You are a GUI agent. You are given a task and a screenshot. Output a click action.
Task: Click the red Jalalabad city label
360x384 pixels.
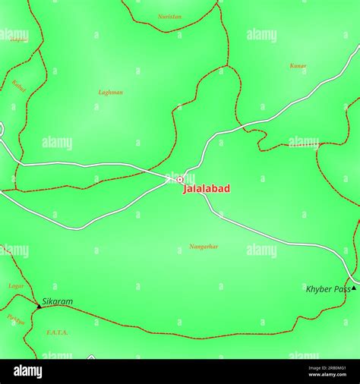(x=206, y=189)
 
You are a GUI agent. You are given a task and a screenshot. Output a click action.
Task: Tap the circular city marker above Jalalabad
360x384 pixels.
(x=180, y=180)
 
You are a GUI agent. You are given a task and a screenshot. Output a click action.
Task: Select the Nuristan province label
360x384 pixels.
(x=169, y=16)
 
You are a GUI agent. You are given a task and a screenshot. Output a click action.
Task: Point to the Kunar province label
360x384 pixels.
(x=298, y=66)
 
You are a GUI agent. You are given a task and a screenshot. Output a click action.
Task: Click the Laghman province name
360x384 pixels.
(x=111, y=93)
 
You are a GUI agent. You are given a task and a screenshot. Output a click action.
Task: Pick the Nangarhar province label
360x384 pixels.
(x=204, y=247)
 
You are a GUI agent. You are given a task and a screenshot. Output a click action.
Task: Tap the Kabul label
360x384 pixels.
(x=19, y=86)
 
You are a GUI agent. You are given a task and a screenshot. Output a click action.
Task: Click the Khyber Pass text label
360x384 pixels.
(x=327, y=289)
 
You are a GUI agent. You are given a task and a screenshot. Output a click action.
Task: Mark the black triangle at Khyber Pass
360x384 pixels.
(x=353, y=288)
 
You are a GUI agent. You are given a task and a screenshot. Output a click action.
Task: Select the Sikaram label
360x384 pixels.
(x=58, y=301)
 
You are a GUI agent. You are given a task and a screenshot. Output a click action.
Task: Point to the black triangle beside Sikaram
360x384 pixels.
(x=38, y=306)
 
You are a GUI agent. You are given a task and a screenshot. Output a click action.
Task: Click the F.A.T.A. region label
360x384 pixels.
(x=57, y=332)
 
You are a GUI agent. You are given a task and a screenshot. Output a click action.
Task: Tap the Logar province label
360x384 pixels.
(x=16, y=286)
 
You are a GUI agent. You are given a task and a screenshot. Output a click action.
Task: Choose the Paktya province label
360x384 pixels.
(x=16, y=319)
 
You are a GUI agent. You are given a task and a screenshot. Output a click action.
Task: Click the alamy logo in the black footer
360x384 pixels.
(x=27, y=371)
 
